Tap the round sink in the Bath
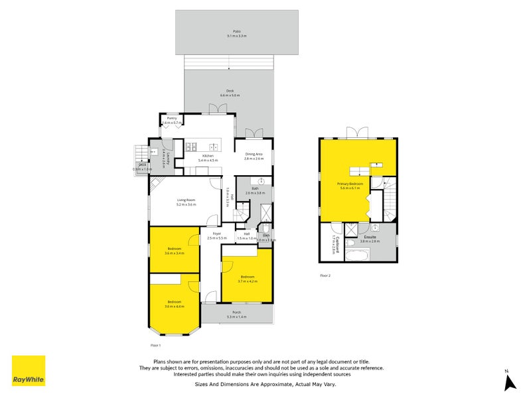point(262,181)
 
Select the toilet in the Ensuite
point(376,230)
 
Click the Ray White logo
point(29,371)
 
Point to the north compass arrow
point(510,382)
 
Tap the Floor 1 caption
point(156,346)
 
